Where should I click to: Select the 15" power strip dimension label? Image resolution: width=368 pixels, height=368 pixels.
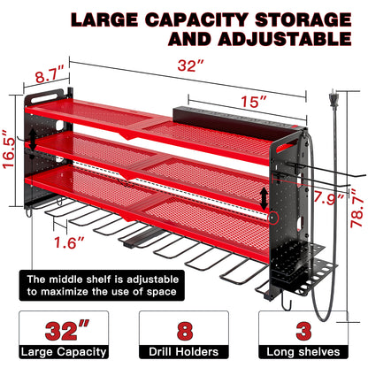click(254, 101)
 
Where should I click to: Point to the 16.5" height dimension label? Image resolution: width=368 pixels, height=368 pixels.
click(9, 149)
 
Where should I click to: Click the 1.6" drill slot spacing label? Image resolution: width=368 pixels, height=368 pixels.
click(69, 242)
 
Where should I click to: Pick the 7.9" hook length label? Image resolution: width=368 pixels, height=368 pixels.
click(328, 199)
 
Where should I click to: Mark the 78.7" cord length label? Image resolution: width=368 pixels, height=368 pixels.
click(357, 211)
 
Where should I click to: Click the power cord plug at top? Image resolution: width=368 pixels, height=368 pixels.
click(333, 100)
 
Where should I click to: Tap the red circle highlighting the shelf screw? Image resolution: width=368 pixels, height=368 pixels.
click(272, 218)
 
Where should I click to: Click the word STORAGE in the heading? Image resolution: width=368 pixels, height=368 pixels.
click(303, 20)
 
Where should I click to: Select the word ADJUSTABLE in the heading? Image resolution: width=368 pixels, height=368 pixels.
click(285, 39)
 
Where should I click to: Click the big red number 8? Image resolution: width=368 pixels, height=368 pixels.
click(185, 331)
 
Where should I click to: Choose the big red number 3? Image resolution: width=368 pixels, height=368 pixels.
click(303, 331)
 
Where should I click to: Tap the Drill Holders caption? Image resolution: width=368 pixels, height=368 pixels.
click(183, 352)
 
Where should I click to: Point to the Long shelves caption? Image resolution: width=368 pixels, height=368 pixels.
click(303, 352)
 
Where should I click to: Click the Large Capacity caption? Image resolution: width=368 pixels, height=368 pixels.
click(64, 352)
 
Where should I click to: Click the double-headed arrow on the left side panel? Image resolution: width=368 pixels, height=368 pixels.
click(33, 140)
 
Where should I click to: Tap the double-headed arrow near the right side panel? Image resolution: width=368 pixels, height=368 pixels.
click(264, 198)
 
